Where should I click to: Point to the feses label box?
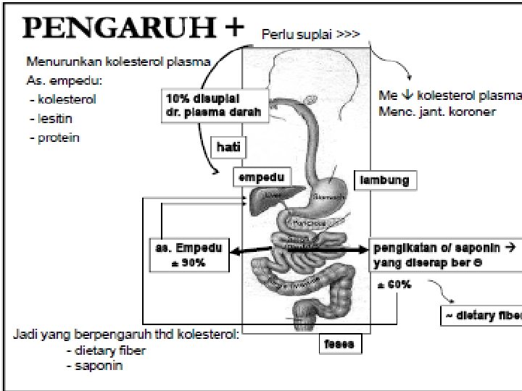[340, 345]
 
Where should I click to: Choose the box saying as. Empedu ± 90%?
[188, 254]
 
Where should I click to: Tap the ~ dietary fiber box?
[482, 316]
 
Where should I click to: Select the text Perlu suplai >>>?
[310, 33]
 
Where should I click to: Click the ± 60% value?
[394, 285]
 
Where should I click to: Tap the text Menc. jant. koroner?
[437, 112]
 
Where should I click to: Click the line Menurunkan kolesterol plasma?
[118, 62]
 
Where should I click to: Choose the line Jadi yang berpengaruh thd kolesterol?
[126, 335]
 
